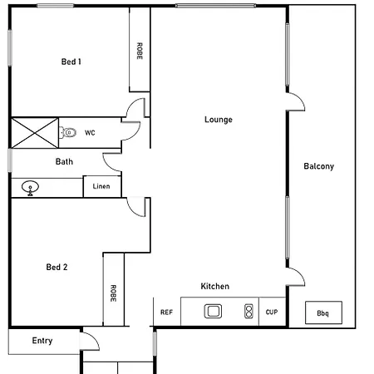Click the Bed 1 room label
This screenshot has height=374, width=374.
tap(71, 62)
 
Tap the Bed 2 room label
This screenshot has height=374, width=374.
tap(57, 267)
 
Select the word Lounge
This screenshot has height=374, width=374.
tap(219, 120)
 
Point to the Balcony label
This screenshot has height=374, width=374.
tap(319, 166)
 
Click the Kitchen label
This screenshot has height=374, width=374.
tap(215, 286)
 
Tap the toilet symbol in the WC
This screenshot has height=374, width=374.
tap(67, 132)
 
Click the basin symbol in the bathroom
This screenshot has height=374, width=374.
tap(30, 188)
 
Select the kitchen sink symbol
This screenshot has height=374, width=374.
tap(213, 311)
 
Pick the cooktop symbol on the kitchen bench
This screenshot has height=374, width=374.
tap(249, 311)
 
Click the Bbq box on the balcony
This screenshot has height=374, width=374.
tap(323, 312)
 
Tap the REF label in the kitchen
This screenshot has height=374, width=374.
tap(166, 312)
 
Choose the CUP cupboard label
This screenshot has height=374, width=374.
tap(272, 312)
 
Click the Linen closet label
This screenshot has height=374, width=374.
tap(101, 186)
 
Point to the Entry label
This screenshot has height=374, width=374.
tap(42, 341)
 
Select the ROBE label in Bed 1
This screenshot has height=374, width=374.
tap(140, 51)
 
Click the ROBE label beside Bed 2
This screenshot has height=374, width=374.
tap(113, 293)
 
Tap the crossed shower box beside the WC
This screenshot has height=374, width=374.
tap(35, 133)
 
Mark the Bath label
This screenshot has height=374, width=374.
tap(64, 161)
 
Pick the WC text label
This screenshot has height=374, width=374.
tap(90, 133)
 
